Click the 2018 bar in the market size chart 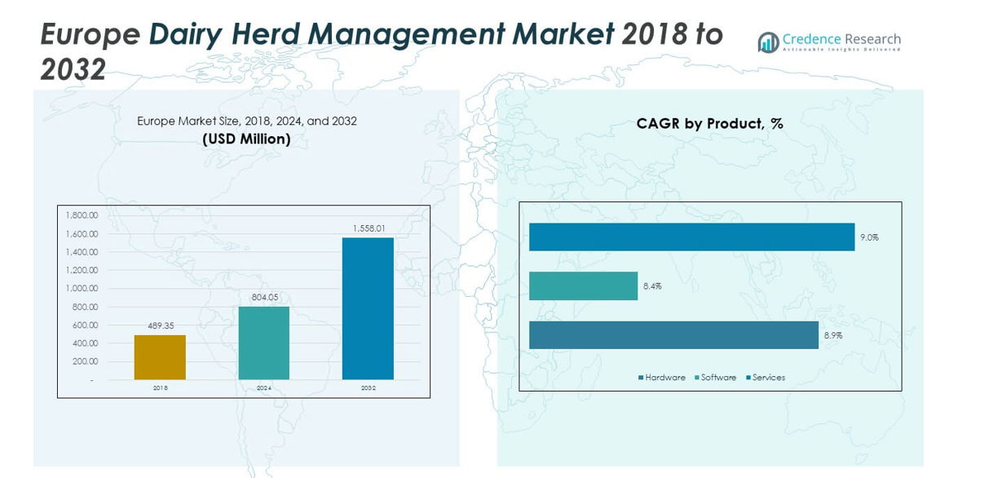coord(160,357)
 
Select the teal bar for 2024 coord(263,343)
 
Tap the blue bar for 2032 coord(368,308)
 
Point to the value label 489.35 coord(161,325)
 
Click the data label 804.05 coord(264,297)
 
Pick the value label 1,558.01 coord(368,228)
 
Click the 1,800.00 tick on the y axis coord(82,215)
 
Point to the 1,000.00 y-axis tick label coord(82,288)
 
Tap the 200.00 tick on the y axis coord(83,361)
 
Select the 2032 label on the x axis coord(368,388)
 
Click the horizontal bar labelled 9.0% coord(691,237)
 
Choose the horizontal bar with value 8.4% coord(583,285)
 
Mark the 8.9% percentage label coord(831,335)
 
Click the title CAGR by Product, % coord(709,124)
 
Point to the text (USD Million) coord(246,139)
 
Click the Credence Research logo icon coord(768,42)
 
